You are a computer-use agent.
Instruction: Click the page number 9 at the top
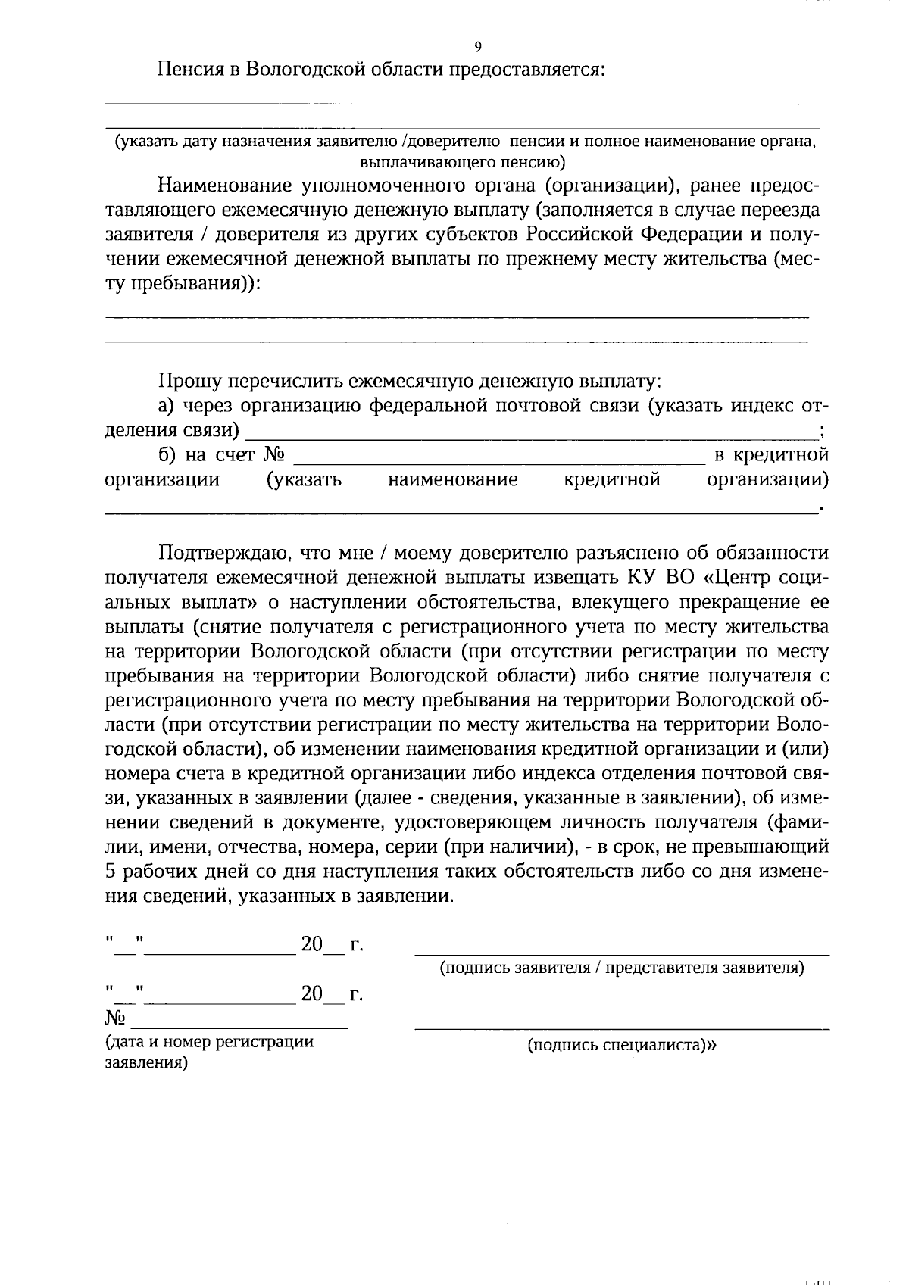[477, 48]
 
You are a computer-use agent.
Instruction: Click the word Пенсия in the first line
[189, 70]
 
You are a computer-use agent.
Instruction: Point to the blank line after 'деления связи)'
[530, 432]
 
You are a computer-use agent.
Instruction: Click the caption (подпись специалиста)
[622, 1046]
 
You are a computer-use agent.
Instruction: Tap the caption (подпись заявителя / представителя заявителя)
[622, 968]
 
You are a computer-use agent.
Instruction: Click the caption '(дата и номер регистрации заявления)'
[208, 1052]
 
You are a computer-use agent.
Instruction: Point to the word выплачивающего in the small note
[411, 161]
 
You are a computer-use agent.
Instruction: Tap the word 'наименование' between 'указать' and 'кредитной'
[452, 480]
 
